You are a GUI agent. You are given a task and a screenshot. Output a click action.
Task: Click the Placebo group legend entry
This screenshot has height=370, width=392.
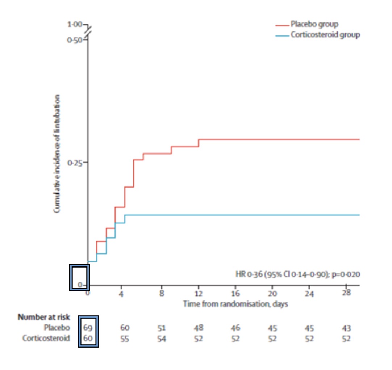pyautogui.click(x=314, y=25)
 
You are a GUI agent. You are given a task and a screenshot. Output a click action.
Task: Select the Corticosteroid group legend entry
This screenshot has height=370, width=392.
pyautogui.click(x=325, y=35)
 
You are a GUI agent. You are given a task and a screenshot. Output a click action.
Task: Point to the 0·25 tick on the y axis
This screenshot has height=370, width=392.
pyautogui.click(x=76, y=163)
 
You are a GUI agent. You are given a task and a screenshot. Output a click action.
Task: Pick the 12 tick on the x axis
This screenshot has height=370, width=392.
pyautogui.click(x=199, y=293)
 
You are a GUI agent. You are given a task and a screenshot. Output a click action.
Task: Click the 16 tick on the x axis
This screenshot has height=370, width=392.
pyautogui.click(x=235, y=293)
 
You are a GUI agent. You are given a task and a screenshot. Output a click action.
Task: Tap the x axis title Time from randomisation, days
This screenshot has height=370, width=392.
pyautogui.click(x=235, y=304)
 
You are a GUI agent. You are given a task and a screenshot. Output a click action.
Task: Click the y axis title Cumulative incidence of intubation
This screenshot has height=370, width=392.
pyautogui.click(x=57, y=154)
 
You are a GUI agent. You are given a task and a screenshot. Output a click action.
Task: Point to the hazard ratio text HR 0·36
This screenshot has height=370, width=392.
pyautogui.click(x=297, y=274)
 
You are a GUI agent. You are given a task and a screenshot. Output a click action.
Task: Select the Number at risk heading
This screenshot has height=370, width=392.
pyautogui.click(x=44, y=317)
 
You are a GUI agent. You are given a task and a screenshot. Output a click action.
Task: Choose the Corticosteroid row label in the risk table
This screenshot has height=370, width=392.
pyautogui.click(x=46, y=339)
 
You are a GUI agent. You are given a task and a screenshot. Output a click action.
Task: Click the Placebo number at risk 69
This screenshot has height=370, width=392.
pyautogui.click(x=88, y=328)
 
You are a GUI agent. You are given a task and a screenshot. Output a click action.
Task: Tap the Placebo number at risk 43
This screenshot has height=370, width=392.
pyautogui.click(x=346, y=328)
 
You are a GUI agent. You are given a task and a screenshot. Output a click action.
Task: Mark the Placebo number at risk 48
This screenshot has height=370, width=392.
pyautogui.click(x=199, y=328)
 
